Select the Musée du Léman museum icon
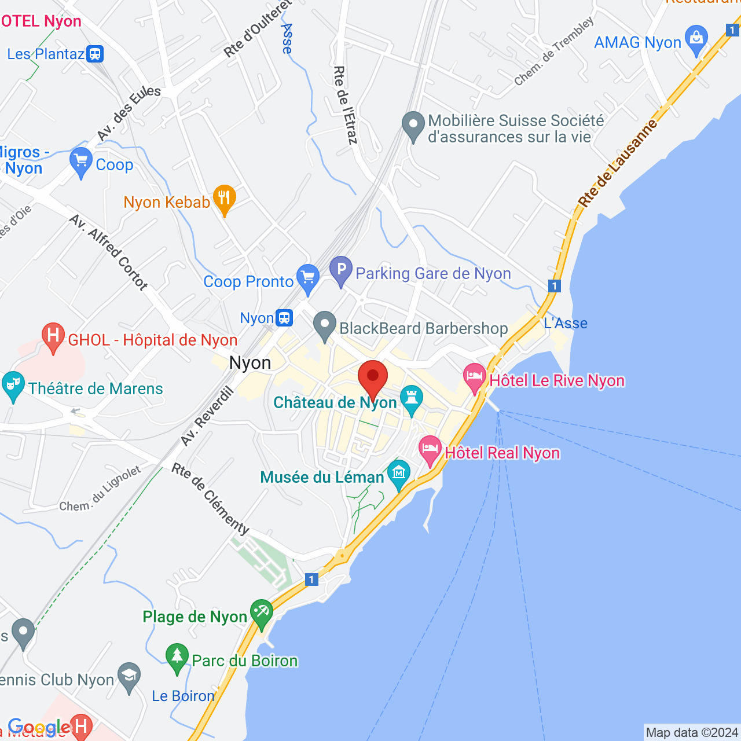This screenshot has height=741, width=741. tap(399, 474)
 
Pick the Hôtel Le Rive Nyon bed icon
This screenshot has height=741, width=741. tap(475, 377)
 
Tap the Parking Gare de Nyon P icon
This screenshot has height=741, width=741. tap(341, 270)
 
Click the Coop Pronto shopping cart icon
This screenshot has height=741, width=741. tap(307, 278)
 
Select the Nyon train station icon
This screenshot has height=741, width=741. tap(284, 318)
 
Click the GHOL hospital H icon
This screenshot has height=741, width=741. tap(53, 336)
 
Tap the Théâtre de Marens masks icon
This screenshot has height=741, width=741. tap(13, 386)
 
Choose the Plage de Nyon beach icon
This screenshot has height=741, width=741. tap(261, 613)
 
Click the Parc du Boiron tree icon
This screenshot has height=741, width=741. tap(177, 658)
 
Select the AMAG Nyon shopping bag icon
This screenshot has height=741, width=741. tap(696, 39)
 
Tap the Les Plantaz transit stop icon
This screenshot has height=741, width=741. tap(95, 54)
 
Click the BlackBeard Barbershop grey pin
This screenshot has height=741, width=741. tap(325, 325)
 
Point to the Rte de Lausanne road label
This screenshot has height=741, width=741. tap(618, 163)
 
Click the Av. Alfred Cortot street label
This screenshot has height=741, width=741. tap(108, 252)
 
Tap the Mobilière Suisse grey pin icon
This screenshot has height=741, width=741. tap(413, 126)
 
